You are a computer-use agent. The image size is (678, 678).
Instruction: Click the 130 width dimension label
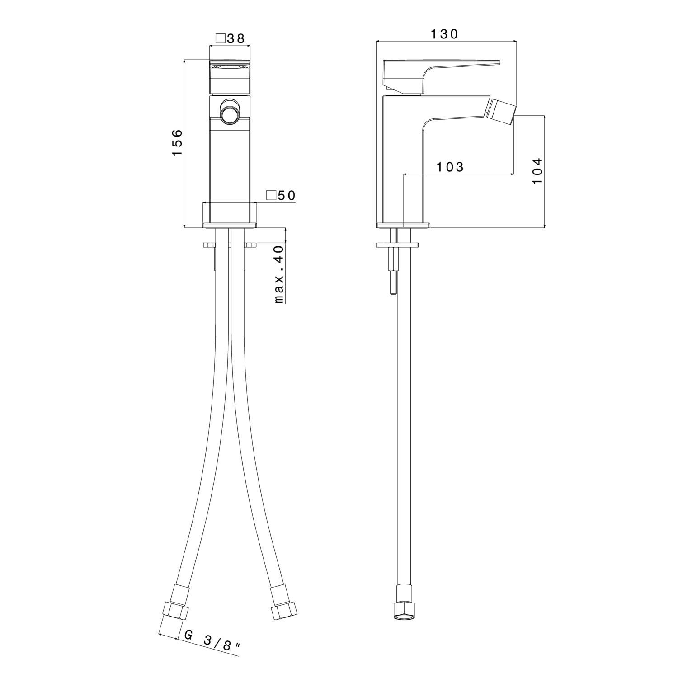pyautogui.click(x=444, y=34)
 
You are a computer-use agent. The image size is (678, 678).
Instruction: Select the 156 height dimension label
pyautogui.click(x=177, y=143)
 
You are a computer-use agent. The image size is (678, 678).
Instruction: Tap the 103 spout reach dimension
pyautogui.click(x=450, y=167)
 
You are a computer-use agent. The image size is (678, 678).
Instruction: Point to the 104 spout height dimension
pyautogui.click(x=537, y=170)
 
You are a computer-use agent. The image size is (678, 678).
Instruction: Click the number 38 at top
pyautogui.click(x=235, y=39)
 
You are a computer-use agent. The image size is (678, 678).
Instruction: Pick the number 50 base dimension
pyautogui.click(x=287, y=195)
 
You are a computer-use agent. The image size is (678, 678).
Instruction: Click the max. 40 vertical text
pyautogui.click(x=279, y=274)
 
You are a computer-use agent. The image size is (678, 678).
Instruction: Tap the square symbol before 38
pyautogui.click(x=220, y=39)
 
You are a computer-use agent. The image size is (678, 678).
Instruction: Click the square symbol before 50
pyautogui.click(x=271, y=195)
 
